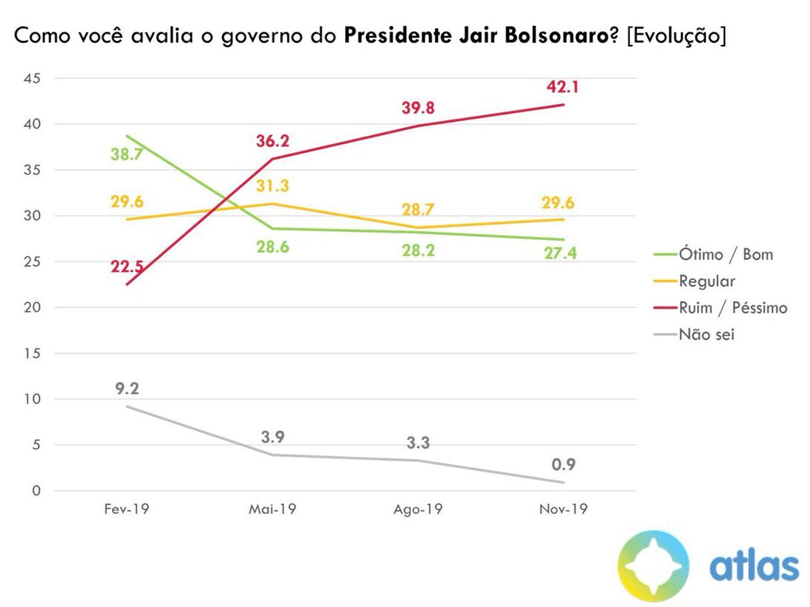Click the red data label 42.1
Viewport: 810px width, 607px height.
pos(563,87)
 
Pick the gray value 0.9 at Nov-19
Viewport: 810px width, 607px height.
pos(563,465)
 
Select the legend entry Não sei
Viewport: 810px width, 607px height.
pos(706,334)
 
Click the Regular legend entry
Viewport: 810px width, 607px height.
pos(707,281)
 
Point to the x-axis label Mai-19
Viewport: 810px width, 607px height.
pos(272,510)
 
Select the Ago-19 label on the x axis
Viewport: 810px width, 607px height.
pos(418,510)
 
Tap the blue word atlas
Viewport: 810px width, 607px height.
pos(753,566)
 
